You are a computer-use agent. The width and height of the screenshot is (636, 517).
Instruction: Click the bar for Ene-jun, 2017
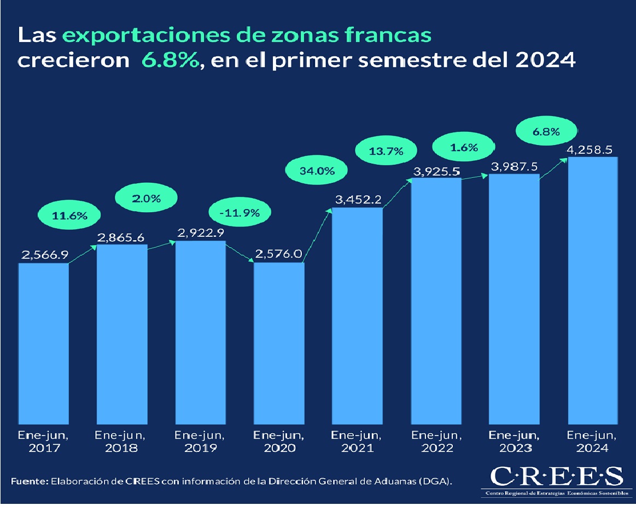point(44,342)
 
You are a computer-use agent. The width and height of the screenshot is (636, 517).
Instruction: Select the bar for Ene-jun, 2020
point(279,342)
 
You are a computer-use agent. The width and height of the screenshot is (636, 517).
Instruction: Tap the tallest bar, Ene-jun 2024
point(593,290)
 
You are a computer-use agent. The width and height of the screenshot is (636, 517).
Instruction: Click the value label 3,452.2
point(358,201)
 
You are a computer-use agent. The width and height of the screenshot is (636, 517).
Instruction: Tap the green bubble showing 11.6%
point(70,215)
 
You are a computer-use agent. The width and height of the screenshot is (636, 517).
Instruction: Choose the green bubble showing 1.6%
point(464,147)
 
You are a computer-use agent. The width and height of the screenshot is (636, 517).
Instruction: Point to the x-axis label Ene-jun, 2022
point(436,442)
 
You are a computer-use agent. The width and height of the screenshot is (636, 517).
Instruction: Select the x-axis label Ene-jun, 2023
point(514,442)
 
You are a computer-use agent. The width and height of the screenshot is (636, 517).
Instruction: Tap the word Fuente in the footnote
point(28,481)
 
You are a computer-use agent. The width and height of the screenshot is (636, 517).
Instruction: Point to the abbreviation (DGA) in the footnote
point(439,481)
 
